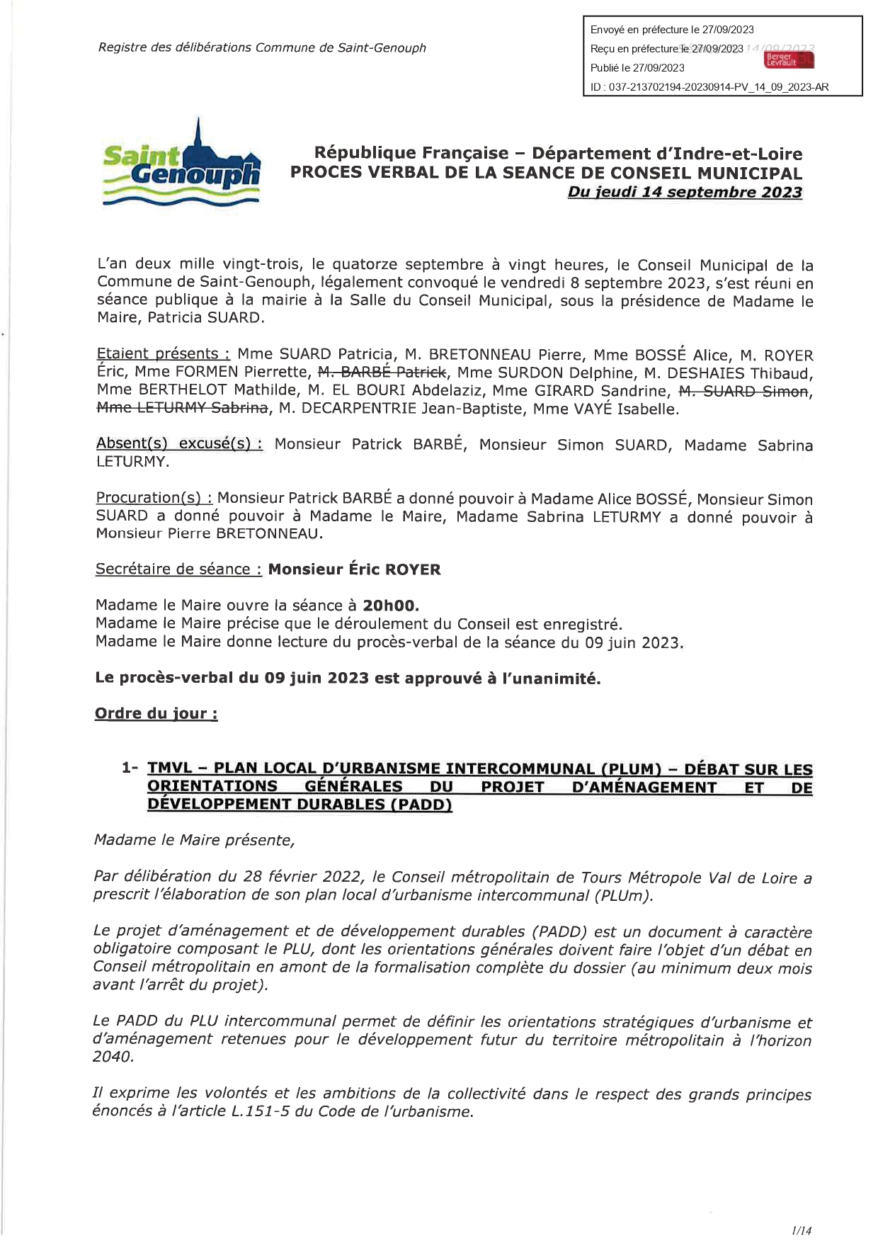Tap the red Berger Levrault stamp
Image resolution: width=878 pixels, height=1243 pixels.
788,59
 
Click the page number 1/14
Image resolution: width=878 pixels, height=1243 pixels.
802,1231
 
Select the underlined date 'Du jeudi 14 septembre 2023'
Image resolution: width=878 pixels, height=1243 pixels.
685,193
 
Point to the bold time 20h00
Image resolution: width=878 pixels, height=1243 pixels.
391,606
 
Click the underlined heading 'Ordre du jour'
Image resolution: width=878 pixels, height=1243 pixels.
156,713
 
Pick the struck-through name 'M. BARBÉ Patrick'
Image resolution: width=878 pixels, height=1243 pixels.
382,373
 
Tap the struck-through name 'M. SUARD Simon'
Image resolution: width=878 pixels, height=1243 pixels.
743,391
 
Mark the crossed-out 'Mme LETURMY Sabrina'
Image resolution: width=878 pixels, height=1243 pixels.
183,408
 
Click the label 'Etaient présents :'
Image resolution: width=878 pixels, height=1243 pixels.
163,354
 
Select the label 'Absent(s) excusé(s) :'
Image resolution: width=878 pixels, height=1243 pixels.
179,444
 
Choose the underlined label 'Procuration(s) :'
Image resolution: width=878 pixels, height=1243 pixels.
154,498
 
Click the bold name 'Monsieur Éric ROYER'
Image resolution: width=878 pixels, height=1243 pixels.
354,569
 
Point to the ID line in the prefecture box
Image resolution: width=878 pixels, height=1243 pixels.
709,87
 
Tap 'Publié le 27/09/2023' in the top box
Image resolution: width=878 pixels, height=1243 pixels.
637,68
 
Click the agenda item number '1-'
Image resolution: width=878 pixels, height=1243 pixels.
130,768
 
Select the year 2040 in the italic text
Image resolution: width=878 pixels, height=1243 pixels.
113,1057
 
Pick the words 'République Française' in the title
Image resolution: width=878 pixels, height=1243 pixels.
411,154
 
